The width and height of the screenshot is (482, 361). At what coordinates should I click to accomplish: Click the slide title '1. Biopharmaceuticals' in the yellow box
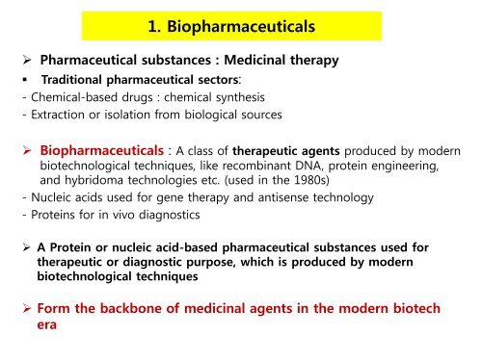[x=240, y=26]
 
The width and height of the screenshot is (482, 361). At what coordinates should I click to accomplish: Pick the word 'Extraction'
[x=44, y=115]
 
